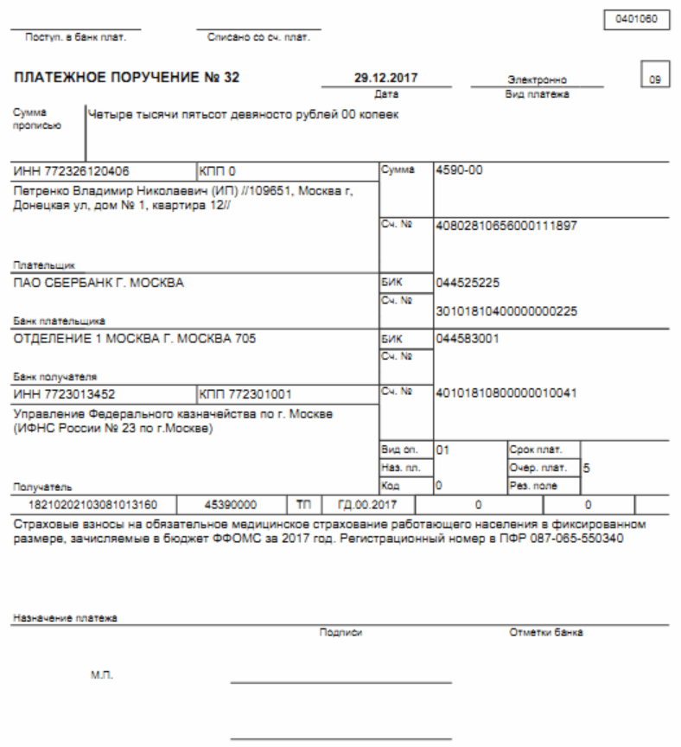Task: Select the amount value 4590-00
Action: [x=461, y=170]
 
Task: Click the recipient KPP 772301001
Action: [x=249, y=394]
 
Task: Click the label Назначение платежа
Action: [x=66, y=619]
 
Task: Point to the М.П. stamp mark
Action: [x=102, y=672]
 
